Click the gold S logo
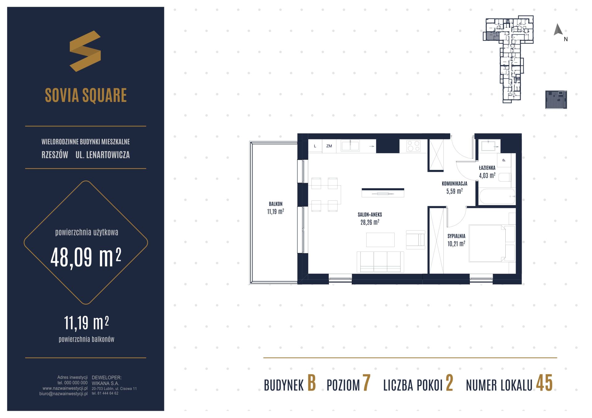85,51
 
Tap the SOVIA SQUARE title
86,95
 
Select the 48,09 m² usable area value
86,257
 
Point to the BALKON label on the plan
276,204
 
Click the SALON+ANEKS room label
370,215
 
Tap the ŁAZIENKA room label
487,168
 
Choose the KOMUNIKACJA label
454,183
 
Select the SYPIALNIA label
456,236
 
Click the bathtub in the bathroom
497,196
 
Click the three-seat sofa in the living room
380,262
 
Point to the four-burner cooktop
413,146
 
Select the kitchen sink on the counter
350,146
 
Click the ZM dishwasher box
329,146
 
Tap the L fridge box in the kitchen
315,146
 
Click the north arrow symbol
558,30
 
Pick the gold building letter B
312,383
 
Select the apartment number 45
544,383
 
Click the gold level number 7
366,383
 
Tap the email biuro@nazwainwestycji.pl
64,394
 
